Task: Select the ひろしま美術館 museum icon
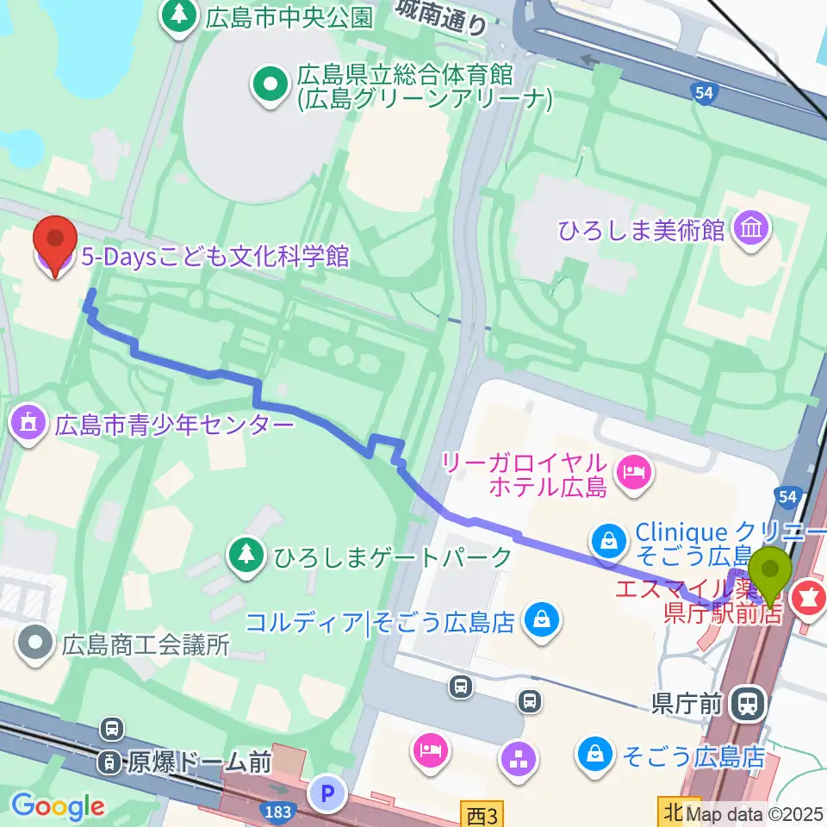pos(752,229)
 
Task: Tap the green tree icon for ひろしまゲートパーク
pos(246,556)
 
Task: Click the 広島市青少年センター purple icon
pos(28,424)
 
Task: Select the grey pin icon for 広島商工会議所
pos(35,643)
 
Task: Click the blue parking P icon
pos(330,791)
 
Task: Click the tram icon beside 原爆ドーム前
pos(110,762)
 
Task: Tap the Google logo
pos(58,805)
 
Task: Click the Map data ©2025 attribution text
pos(755,813)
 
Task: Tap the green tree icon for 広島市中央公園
pos(179,15)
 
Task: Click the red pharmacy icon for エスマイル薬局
pos(809,594)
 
